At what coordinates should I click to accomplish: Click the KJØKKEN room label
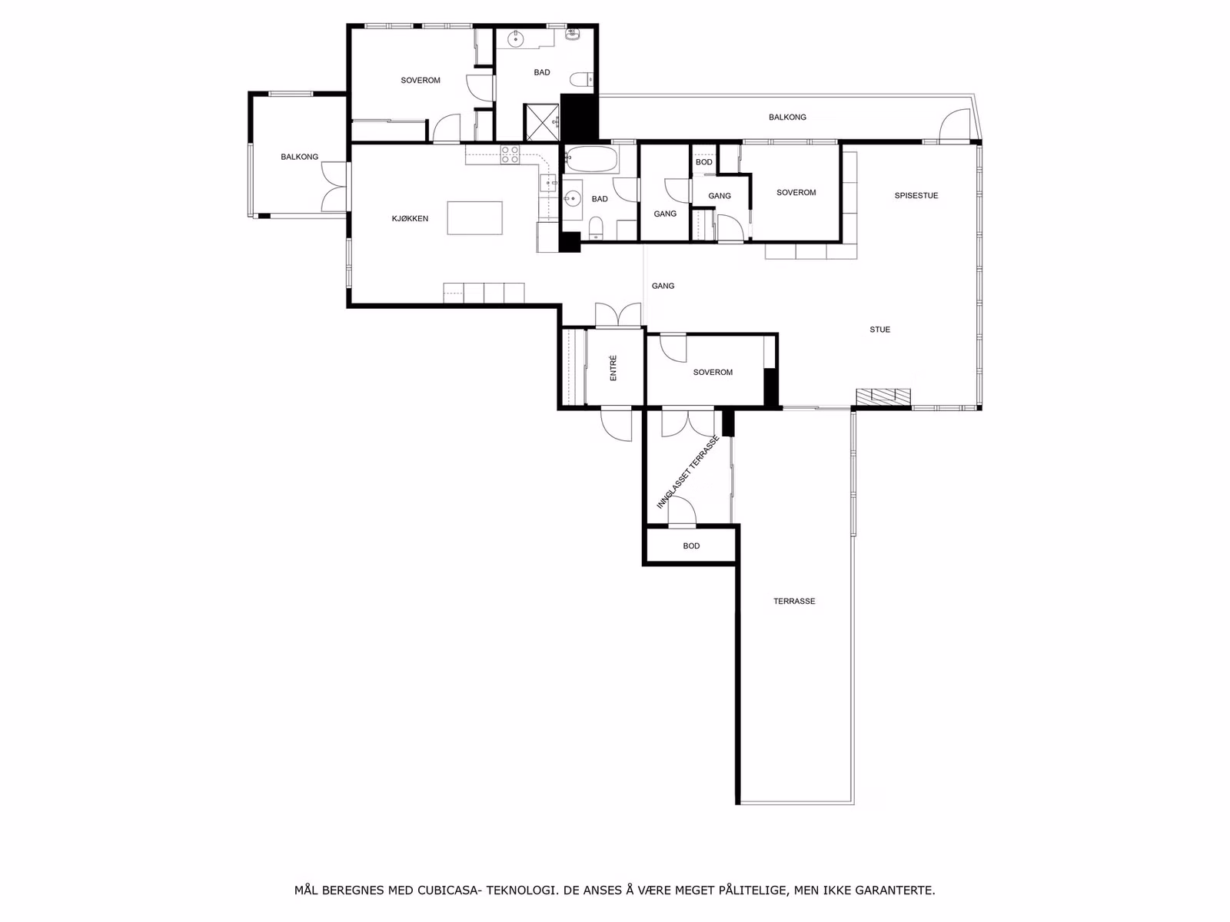[410, 219]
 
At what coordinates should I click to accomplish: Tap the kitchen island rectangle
[474, 217]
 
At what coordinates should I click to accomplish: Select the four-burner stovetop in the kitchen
[510, 154]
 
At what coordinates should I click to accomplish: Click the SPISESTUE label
[916, 195]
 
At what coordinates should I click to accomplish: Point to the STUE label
[879, 330]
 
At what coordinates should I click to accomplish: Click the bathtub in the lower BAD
[590, 159]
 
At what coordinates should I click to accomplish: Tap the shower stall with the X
[542, 122]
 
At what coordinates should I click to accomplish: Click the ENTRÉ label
[613, 368]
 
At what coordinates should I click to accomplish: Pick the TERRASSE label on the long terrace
[794, 602]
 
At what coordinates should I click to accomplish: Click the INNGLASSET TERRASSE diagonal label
[687, 472]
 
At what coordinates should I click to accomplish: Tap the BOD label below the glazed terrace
[691, 546]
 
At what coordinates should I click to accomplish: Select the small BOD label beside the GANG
[704, 162]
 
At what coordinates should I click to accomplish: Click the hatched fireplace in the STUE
[883, 396]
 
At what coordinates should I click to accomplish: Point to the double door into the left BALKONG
[334, 187]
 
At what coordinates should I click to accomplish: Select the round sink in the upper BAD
[516, 40]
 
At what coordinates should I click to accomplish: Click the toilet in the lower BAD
[596, 228]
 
